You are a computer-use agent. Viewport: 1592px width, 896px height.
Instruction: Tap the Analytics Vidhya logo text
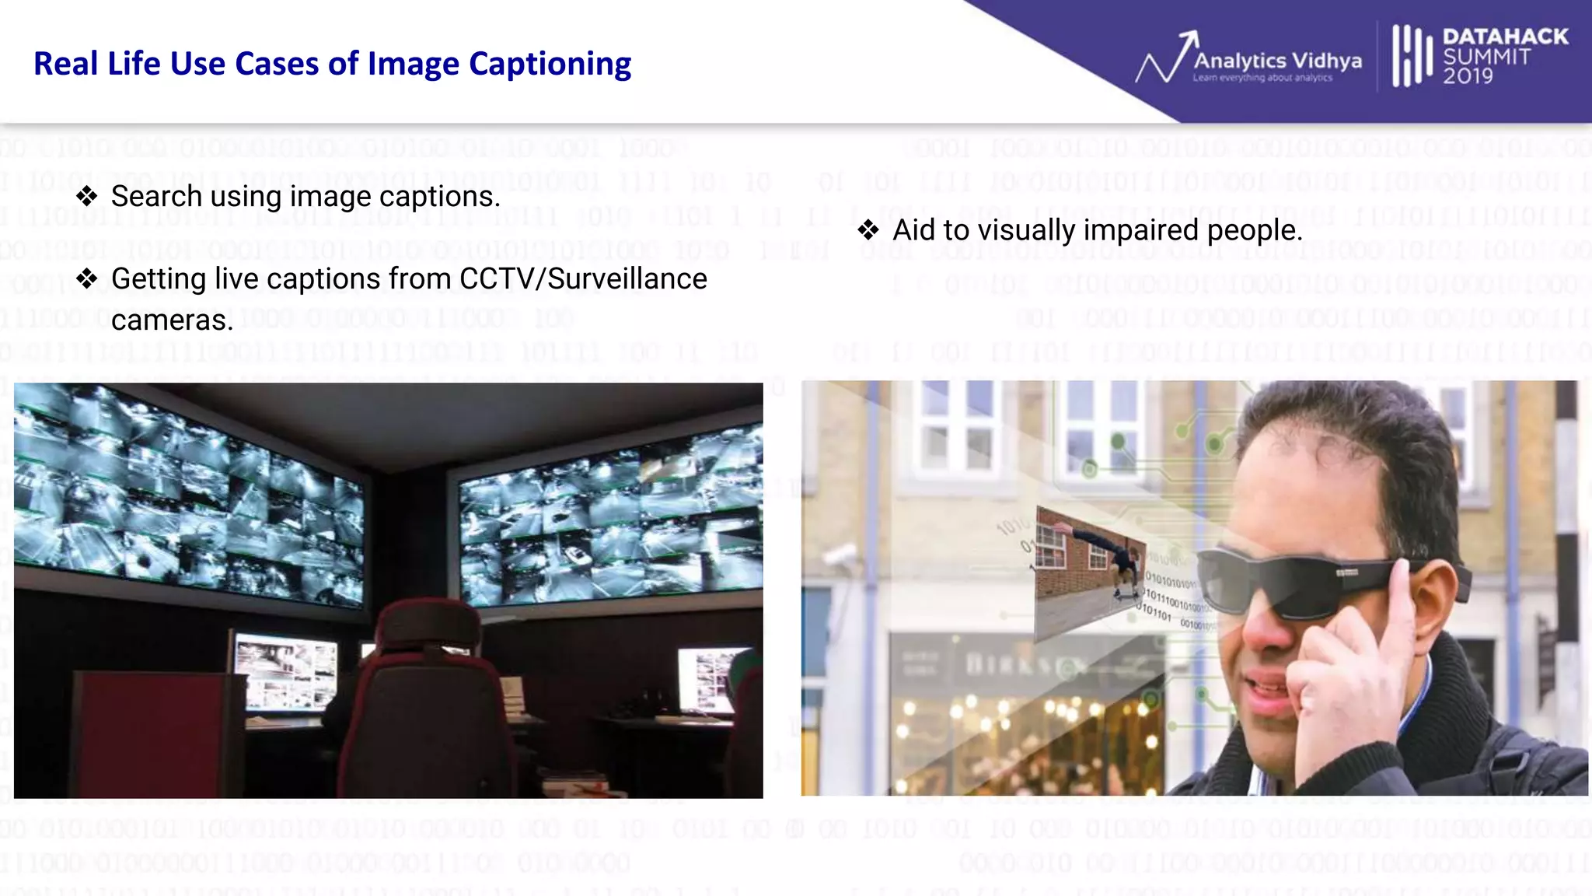[x=1277, y=61]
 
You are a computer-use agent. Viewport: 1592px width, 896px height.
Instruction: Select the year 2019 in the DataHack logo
[x=1468, y=76]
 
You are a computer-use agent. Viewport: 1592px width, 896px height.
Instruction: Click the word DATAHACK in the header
[x=1505, y=37]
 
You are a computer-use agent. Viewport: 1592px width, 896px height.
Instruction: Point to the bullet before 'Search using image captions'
[x=87, y=196]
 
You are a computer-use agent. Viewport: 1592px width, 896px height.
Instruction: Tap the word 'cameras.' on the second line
[x=172, y=320]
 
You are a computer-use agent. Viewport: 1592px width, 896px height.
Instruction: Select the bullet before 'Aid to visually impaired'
[x=868, y=230]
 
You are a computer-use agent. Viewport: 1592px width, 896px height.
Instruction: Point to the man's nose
[x=1263, y=634]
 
